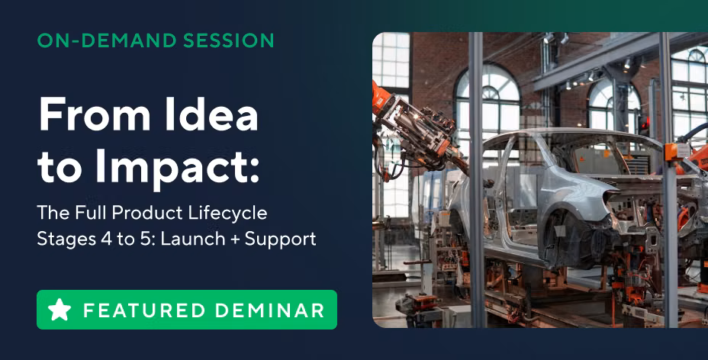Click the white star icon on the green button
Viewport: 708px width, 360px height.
click(60, 310)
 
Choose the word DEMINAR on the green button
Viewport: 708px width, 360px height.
click(269, 310)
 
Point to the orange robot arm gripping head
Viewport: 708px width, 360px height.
click(415, 125)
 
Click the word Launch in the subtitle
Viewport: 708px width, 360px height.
click(193, 239)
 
